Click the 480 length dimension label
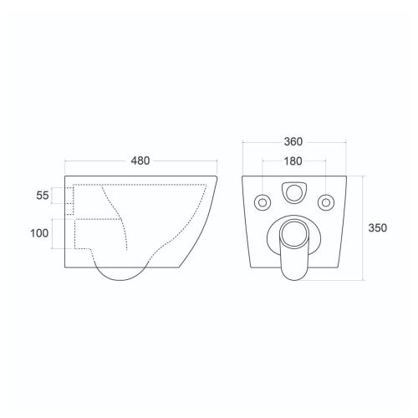click(x=140, y=161)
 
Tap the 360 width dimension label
click(x=293, y=142)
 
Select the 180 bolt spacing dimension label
click(x=293, y=161)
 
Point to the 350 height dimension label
click(x=378, y=228)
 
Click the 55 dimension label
click(x=43, y=196)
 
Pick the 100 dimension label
click(x=39, y=233)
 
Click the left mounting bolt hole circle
click(x=263, y=202)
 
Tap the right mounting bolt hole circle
click(x=326, y=202)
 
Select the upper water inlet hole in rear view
click(x=294, y=192)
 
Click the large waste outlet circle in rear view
click(x=294, y=234)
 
